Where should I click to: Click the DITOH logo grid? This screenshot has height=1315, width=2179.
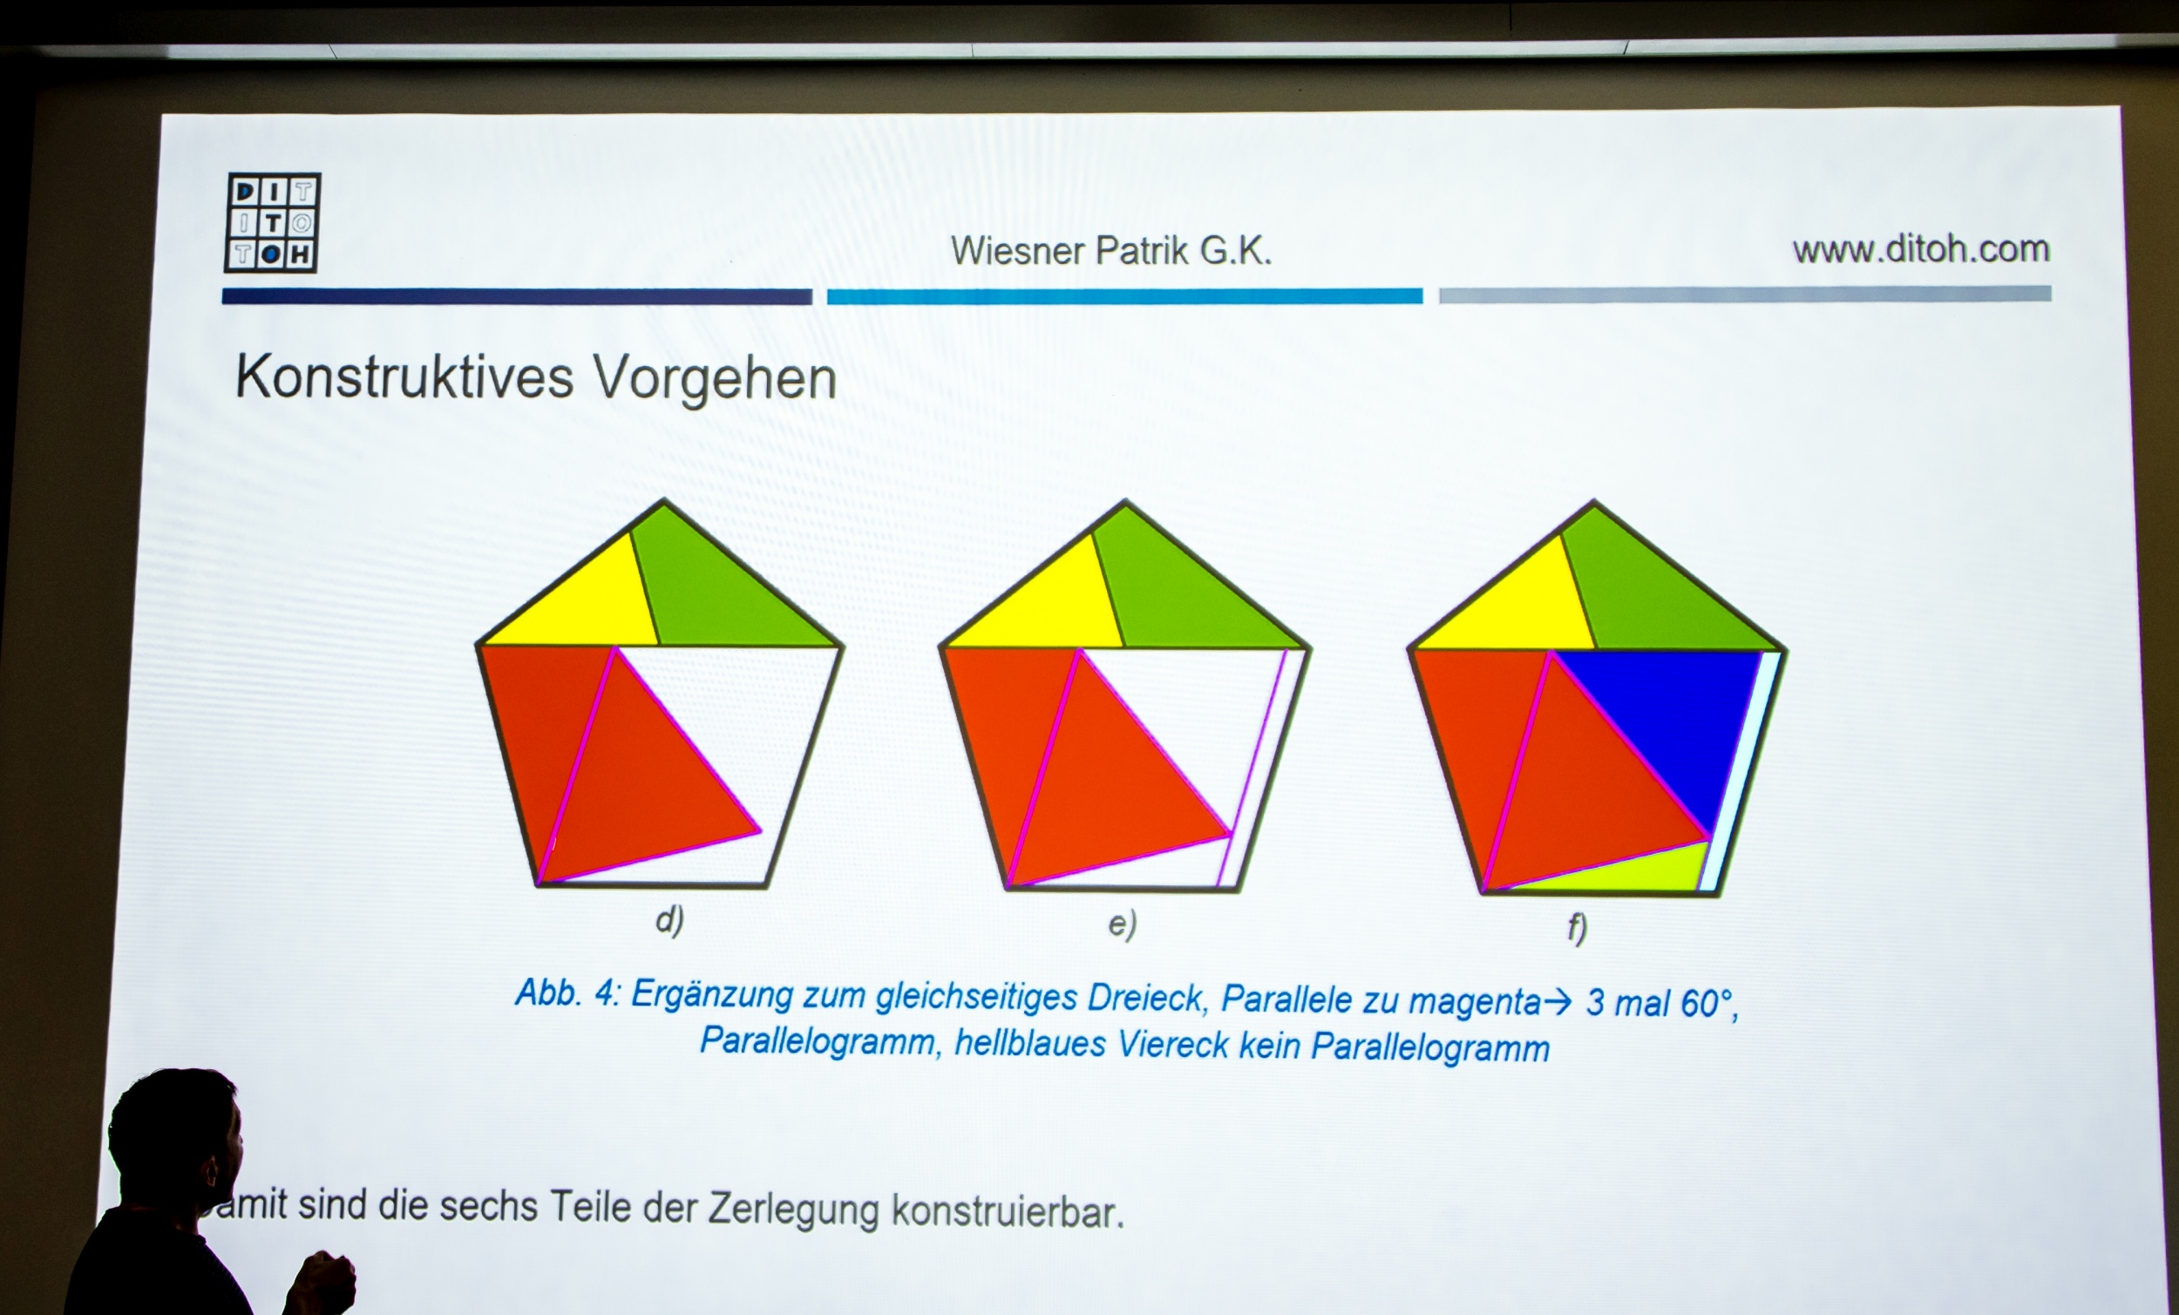coord(272,222)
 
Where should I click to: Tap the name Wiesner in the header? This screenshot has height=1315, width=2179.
coord(1018,251)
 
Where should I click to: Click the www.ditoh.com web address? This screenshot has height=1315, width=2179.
coord(1921,248)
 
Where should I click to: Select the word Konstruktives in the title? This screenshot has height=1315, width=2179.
coord(404,377)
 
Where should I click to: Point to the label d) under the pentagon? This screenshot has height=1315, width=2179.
coord(669,919)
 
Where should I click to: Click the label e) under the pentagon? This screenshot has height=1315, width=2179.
coord(1123,924)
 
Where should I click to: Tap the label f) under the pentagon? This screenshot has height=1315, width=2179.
coord(1577,928)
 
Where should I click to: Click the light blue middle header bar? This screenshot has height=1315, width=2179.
coord(1125,296)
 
